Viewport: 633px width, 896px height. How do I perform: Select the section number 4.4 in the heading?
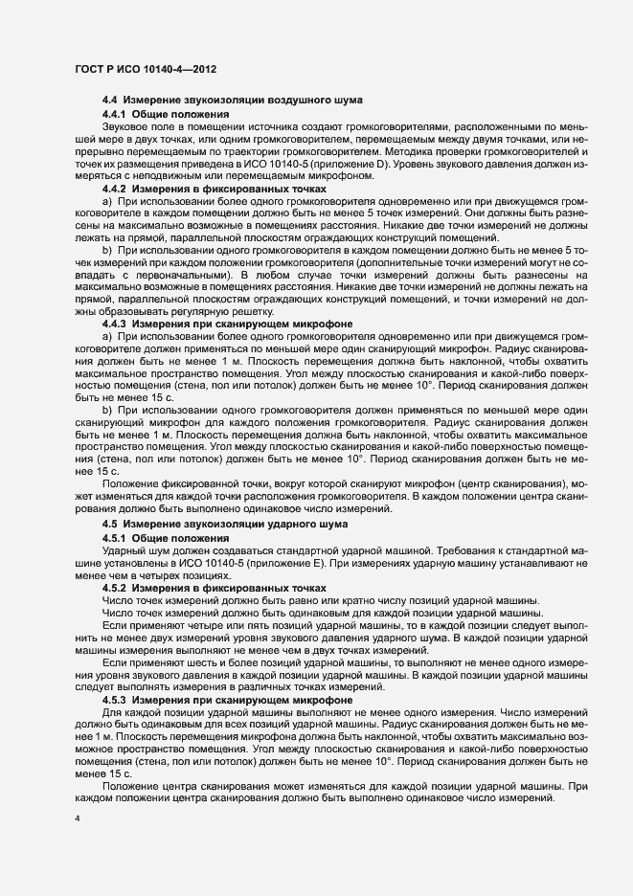click(x=110, y=101)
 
